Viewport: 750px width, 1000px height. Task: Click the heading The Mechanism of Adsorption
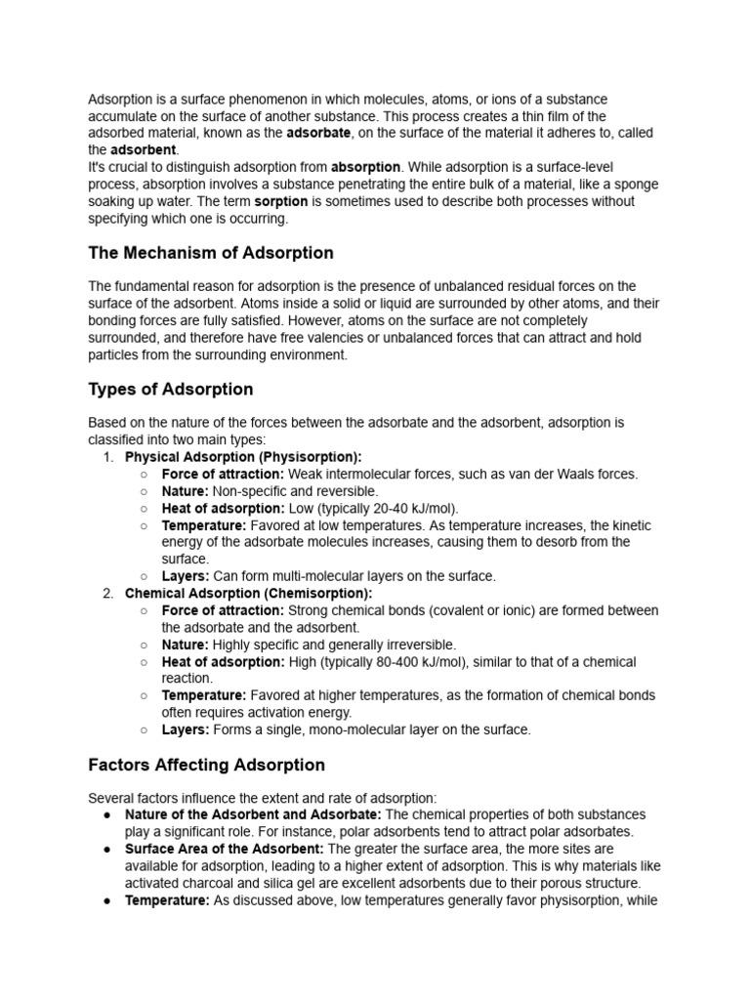click(211, 253)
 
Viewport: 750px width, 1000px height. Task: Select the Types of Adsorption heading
click(171, 389)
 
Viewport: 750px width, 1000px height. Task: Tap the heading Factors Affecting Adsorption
click(206, 764)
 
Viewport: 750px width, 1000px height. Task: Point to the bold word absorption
click(366, 167)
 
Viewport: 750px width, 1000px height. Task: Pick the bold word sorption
click(281, 201)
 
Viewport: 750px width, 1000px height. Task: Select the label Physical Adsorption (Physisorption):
click(243, 457)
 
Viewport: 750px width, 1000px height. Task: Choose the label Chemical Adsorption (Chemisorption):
click(249, 593)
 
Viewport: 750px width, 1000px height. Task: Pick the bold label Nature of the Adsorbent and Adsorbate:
click(255, 814)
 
